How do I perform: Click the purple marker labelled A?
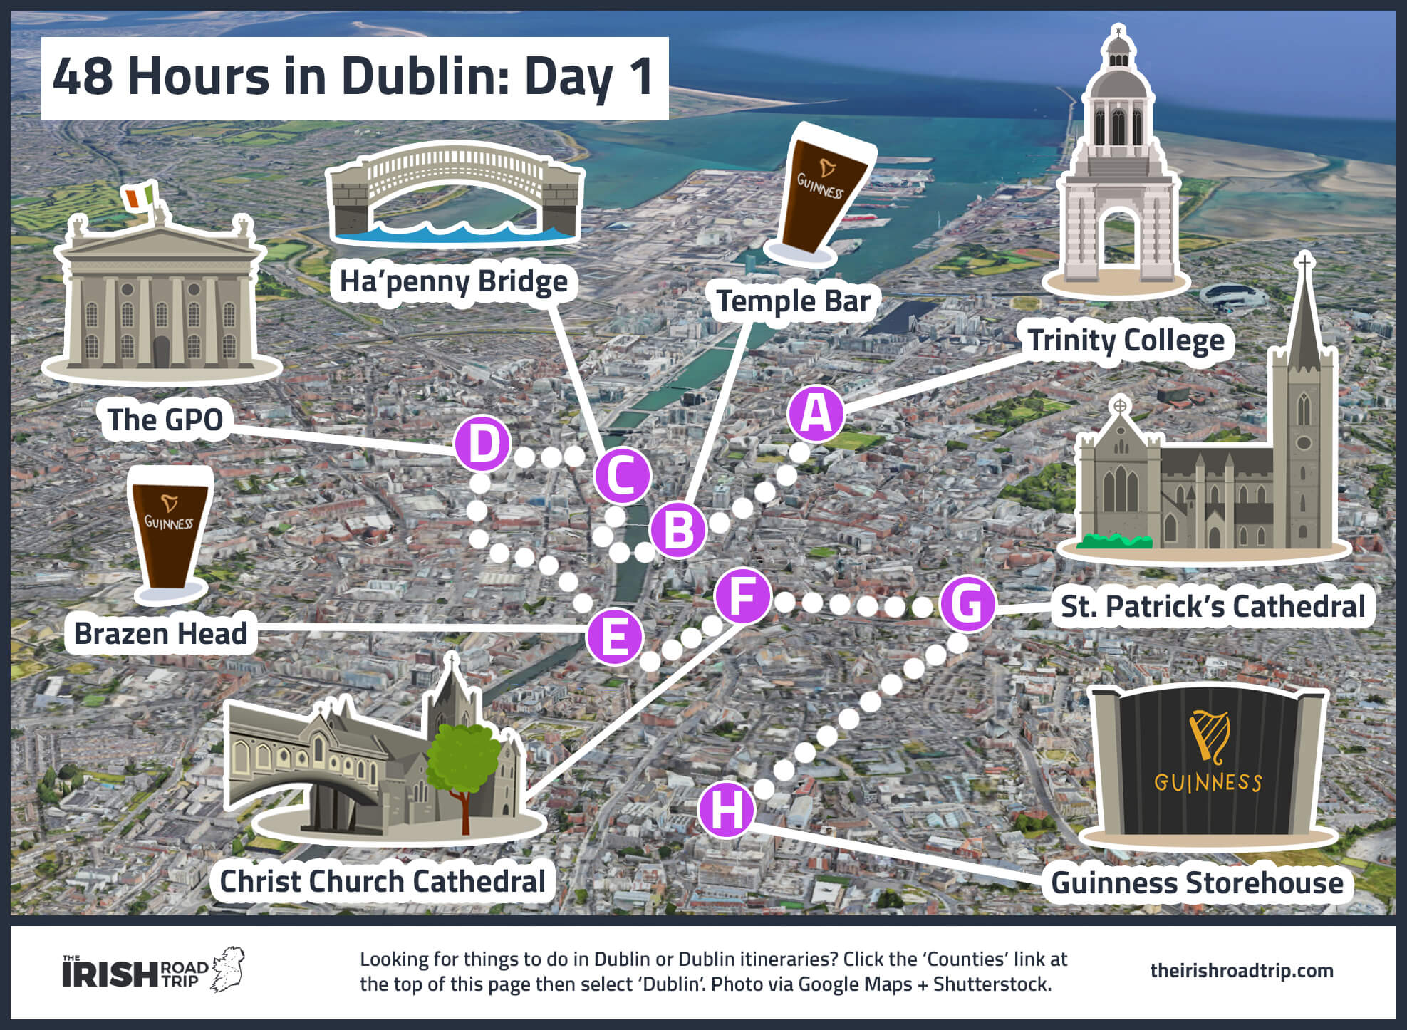pyautogui.click(x=816, y=413)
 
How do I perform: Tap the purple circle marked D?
pyautogui.click(x=483, y=443)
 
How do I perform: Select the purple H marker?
pyautogui.click(x=726, y=810)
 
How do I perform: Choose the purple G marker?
pyautogui.click(x=967, y=604)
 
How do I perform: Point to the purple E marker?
pyautogui.click(x=614, y=636)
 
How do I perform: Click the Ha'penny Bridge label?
pyautogui.click(x=453, y=281)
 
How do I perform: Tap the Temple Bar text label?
pyautogui.click(x=793, y=301)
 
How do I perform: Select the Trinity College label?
pyautogui.click(x=1126, y=340)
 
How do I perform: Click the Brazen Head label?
pyautogui.click(x=160, y=633)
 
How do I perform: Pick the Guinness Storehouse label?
pyautogui.click(x=1197, y=883)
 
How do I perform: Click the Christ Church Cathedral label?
pyautogui.click(x=382, y=881)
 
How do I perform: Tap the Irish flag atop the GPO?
pyautogui.click(x=139, y=196)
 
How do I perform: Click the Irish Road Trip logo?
pyautogui.click(x=153, y=971)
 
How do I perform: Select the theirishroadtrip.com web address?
pyautogui.click(x=1241, y=971)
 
